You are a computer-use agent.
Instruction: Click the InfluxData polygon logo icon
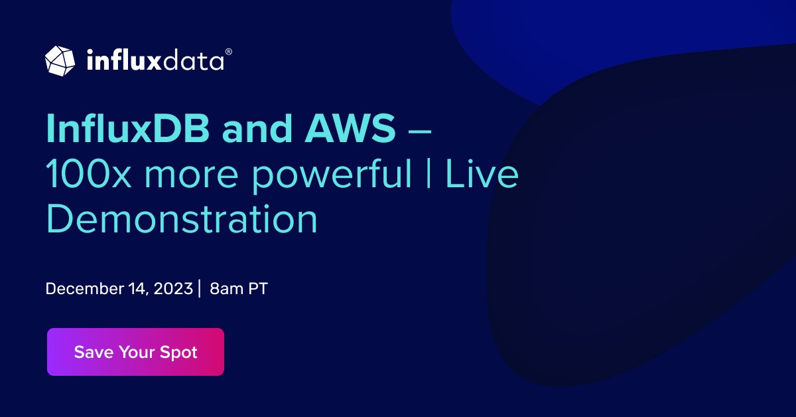(x=60, y=60)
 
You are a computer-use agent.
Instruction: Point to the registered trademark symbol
(x=229, y=51)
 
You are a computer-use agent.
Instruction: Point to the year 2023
(x=174, y=290)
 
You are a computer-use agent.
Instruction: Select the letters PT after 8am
(x=258, y=290)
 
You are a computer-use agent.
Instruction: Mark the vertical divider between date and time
(x=200, y=290)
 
